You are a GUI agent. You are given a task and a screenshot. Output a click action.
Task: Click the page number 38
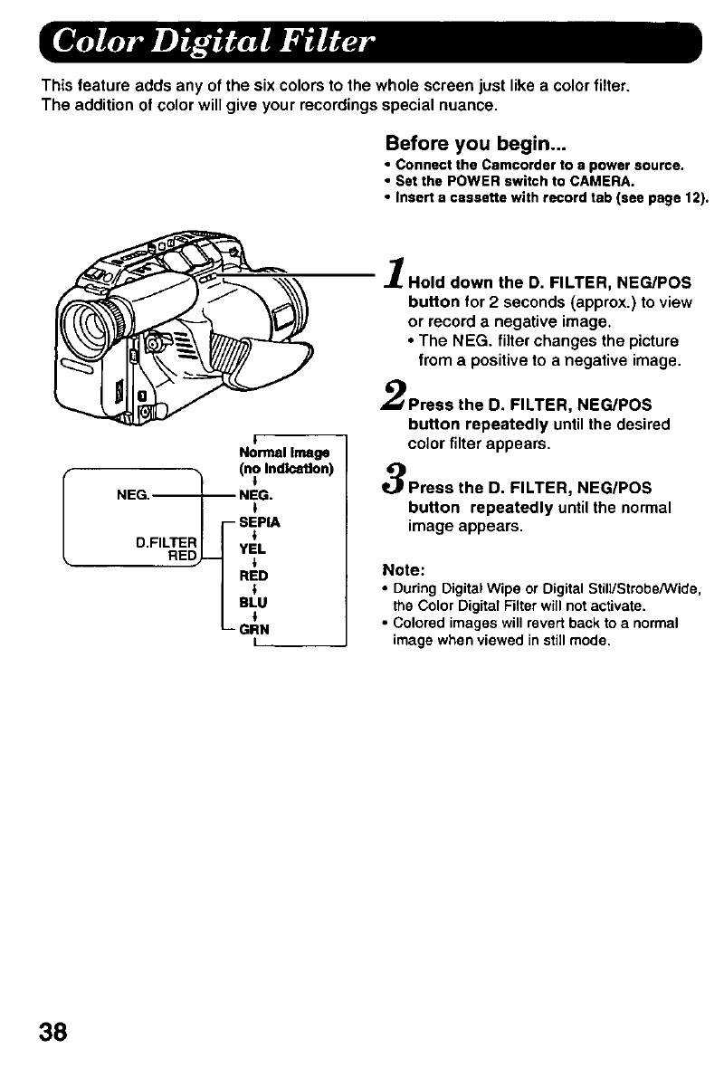coord(51,1033)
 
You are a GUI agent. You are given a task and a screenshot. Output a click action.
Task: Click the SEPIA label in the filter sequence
coord(260,522)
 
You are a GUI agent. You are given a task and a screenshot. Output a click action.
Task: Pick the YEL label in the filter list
coord(249,548)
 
